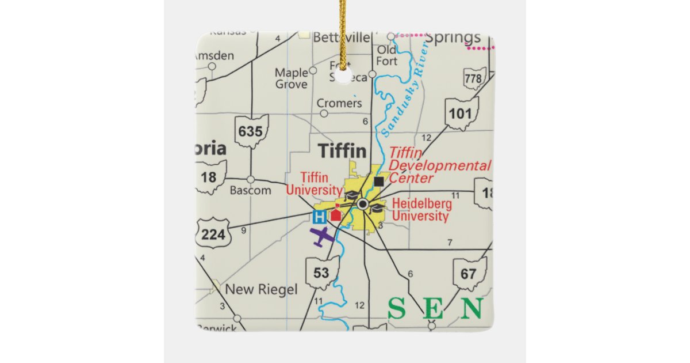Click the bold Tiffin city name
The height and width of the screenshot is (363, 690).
click(342, 151)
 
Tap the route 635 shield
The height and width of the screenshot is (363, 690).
click(251, 131)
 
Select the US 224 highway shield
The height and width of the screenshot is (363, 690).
click(213, 233)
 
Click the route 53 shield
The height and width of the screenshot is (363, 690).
click(321, 272)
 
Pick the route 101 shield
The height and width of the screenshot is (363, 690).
click(461, 113)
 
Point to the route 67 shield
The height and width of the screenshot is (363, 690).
click(470, 273)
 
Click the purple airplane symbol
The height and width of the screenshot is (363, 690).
click(322, 236)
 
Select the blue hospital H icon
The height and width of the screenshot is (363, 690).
click(319, 217)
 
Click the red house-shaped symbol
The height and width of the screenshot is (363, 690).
click(335, 214)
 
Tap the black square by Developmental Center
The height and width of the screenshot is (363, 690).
click(378, 181)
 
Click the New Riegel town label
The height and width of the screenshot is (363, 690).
click(261, 289)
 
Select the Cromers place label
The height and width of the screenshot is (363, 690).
click(340, 104)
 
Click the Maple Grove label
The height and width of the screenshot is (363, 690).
click(292, 78)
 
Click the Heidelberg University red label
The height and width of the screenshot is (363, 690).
click(421, 210)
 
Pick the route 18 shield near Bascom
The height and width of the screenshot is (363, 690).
click(209, 177)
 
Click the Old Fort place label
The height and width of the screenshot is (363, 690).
click(387, 55)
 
